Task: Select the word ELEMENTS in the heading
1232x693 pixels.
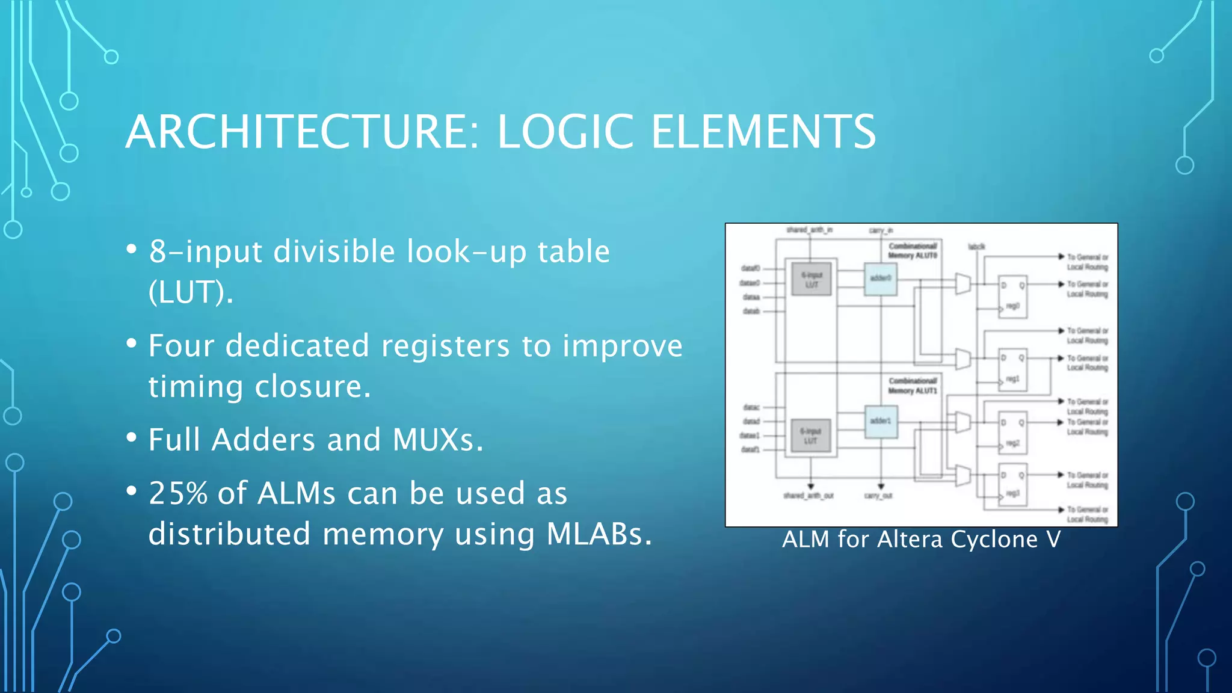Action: [x=763, y=132]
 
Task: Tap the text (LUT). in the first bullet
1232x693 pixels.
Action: [x=191, y=292]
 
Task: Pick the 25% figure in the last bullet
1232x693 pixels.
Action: [x=178, y=493]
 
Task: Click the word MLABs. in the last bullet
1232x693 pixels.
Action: [x=599, y=534]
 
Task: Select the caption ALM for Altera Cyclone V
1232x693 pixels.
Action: [x=921, y=539]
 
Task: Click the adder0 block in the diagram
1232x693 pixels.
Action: [x=881, y=279]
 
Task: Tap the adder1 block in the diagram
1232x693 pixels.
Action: [x=881, y=421]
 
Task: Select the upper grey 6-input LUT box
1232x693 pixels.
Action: [x=812, y=279]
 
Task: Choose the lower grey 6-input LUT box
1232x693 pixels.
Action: [x=810, y=436]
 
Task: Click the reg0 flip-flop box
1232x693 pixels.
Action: [x=1012, y=296]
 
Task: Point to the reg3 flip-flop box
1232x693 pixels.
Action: [x=1012, y=484]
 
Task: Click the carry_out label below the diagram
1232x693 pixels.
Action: [x=878, y=496]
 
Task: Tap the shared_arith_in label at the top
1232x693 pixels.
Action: [x=809, y=230]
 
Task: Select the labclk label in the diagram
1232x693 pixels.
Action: [x=976, y=247]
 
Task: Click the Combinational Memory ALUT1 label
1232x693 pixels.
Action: [x=913, y=386]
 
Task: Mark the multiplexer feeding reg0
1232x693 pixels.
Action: [x=963, y=284]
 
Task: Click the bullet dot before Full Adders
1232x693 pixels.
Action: [x=132, y=439]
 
